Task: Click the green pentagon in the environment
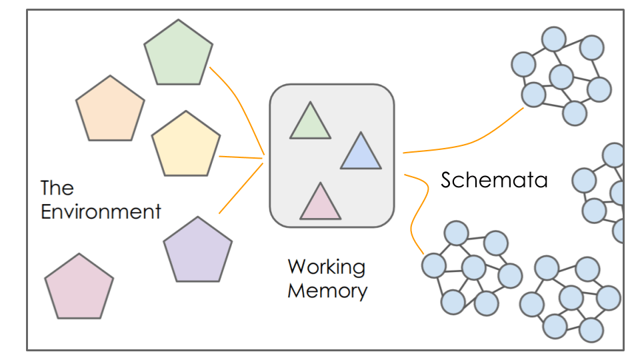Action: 179,54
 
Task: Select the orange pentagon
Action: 110,110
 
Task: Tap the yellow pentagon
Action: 186,145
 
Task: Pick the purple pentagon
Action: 198,251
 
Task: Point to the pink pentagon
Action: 79,287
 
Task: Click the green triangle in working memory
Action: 310,123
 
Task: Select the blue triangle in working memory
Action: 361,153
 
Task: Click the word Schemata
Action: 494,179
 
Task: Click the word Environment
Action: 101,212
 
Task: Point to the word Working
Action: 327,267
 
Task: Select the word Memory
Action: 327,291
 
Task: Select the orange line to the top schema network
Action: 467,141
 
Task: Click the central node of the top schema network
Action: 562,76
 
